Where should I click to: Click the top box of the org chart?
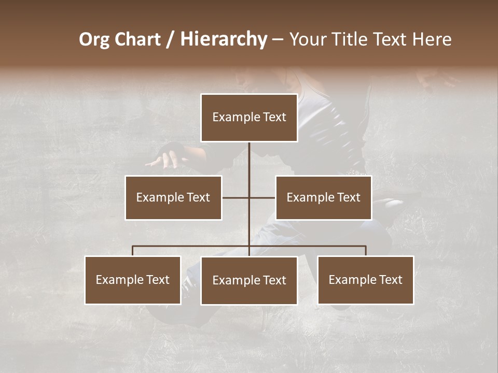(x=249, y=118)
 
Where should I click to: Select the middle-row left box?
(x=173, y=197)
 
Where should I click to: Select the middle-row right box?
(x=323, y=197)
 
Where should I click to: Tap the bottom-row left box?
(x=133, y=280)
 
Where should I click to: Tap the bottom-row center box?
(x=249, y=280)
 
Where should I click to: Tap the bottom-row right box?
(x=365, y=280)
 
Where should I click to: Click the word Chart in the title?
(x=137, y=40)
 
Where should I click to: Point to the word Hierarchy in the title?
(x=224, y=40)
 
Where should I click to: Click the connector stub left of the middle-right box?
(x=262, y=197)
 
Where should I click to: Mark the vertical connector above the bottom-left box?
(x=133, y=251)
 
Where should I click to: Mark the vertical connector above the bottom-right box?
(x=366, y=251)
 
